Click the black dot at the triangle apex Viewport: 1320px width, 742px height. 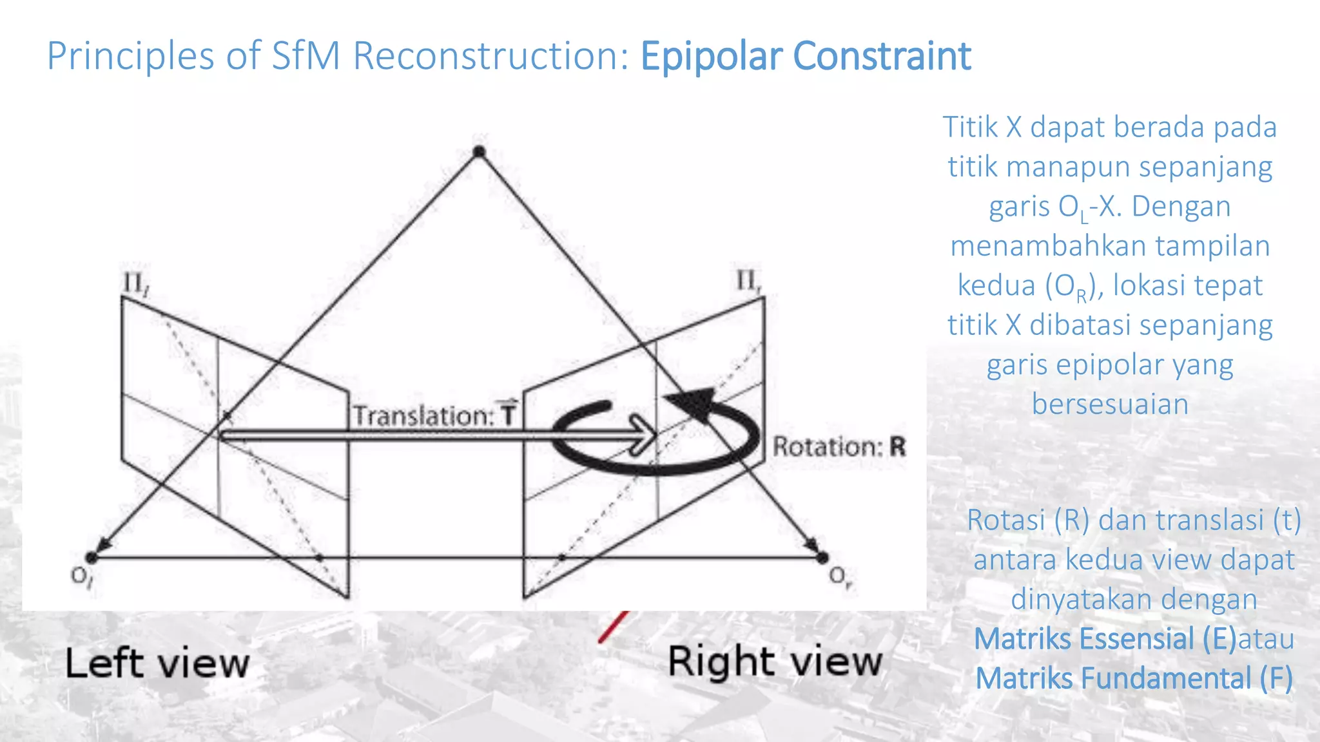pos(479,152)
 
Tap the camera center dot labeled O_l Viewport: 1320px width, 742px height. pos(92,557)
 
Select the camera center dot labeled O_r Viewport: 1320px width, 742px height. pos(822,557)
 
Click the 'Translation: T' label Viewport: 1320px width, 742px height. pos(434,415)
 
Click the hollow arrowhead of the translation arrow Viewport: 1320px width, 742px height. pos(643,435)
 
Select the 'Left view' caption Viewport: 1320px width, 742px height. pos(157,663)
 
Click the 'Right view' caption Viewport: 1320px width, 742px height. pos(775,661)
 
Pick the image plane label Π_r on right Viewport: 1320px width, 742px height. pos(748,281)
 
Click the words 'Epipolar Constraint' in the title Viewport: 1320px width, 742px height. pos(805,56)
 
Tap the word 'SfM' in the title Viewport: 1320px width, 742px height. pos(305,56)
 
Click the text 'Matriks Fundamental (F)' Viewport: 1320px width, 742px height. pos(1134,678)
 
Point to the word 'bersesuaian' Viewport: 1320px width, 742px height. pos(1110,404)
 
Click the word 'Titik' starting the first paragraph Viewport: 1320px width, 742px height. pos(969,127)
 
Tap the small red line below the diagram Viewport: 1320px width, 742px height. pos(613,627)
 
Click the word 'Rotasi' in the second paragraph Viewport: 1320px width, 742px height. pos(1005,520)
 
